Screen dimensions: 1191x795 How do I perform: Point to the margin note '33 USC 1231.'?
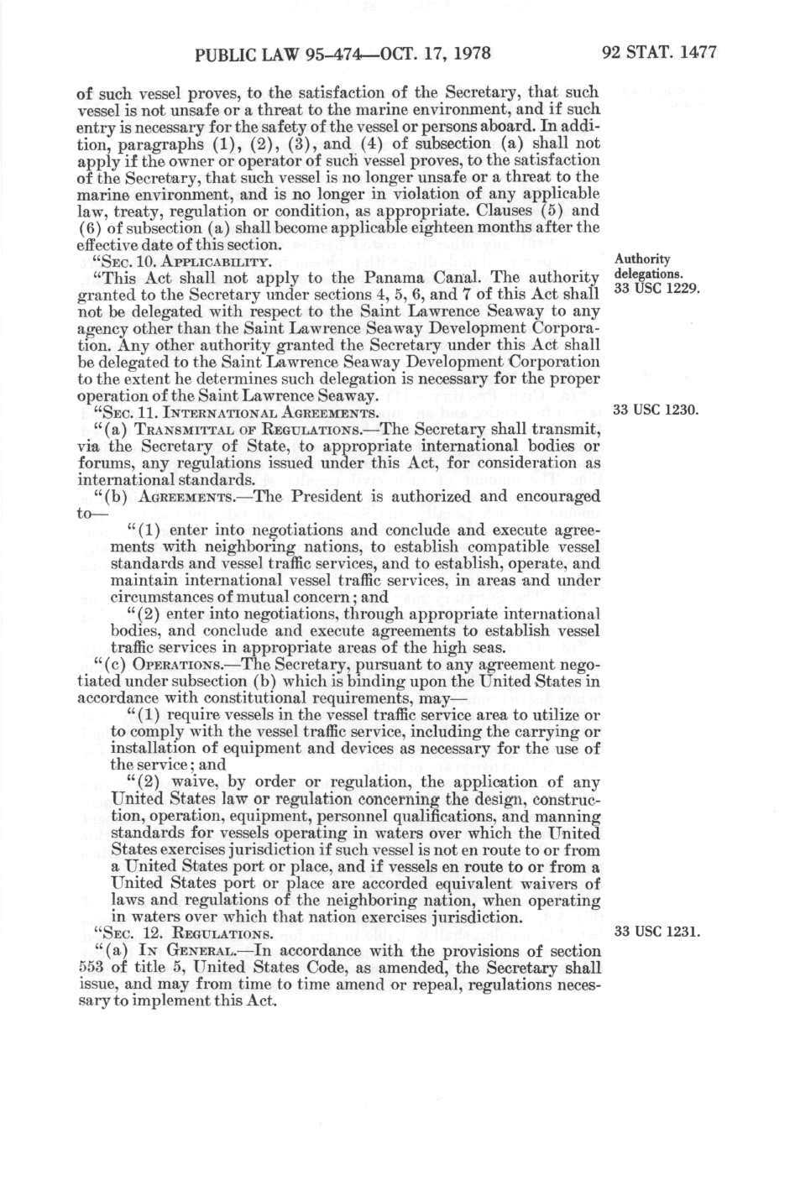tap(656, 932)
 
